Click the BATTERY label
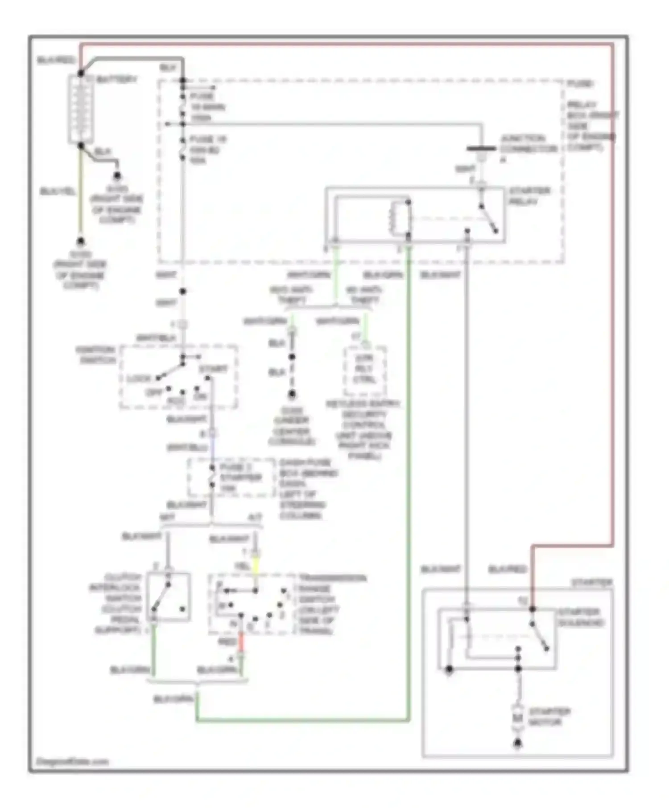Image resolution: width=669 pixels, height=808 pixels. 117,80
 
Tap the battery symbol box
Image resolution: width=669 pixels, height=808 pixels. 81,110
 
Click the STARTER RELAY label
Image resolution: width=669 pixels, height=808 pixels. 529,196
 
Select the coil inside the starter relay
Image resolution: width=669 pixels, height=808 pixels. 392,218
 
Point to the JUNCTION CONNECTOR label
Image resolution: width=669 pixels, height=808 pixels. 528,144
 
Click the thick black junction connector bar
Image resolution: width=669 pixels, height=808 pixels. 481,149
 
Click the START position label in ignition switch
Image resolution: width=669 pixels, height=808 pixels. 213,369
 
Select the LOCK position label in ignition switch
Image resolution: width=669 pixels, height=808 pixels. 139,379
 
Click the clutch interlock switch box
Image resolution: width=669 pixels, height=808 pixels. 169,597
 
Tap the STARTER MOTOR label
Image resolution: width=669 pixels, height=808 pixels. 549,717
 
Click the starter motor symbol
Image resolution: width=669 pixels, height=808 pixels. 517,718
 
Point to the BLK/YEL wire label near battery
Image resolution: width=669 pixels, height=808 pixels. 58,192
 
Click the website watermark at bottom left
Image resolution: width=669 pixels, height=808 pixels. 73,761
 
